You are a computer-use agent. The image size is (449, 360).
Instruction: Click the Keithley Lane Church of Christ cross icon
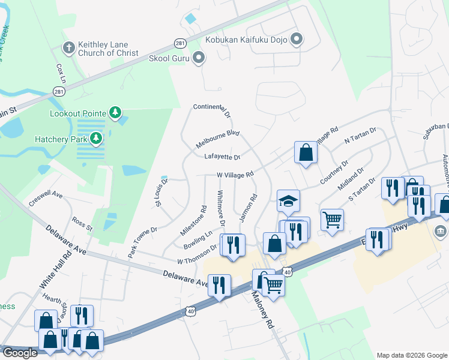[x=69, y=47]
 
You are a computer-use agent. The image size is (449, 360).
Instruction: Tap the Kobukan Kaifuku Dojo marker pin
[x=297, y=40]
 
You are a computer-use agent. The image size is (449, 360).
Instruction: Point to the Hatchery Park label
[x=66, y=139]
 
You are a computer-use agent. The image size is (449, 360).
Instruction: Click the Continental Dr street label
[x=211, y=110]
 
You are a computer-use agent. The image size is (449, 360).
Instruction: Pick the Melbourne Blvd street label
[x=218, y=139]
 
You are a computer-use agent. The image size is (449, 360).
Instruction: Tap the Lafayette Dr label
[x=222, y=157]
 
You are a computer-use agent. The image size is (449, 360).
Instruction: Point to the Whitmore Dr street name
[x=220, y=208]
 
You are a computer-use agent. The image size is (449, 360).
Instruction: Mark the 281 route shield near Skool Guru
[x=179, y=44]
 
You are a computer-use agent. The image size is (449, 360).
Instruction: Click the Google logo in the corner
[x=20, y=353]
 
